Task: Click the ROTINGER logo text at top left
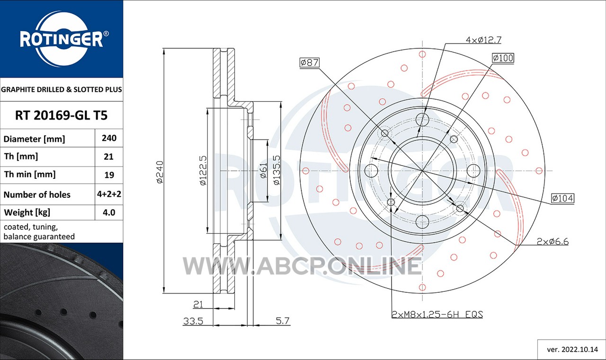[62, 39]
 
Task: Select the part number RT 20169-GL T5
[62, 115]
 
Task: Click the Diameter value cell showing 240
[109, 138]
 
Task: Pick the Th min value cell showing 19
[109, 175]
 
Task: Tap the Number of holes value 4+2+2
[109, 194]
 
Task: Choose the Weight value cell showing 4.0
[109, 212]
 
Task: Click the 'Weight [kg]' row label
[27, 212]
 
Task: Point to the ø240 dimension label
[160, 172]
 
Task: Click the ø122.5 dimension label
[203, 171]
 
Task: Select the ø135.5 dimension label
[276, 170]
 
